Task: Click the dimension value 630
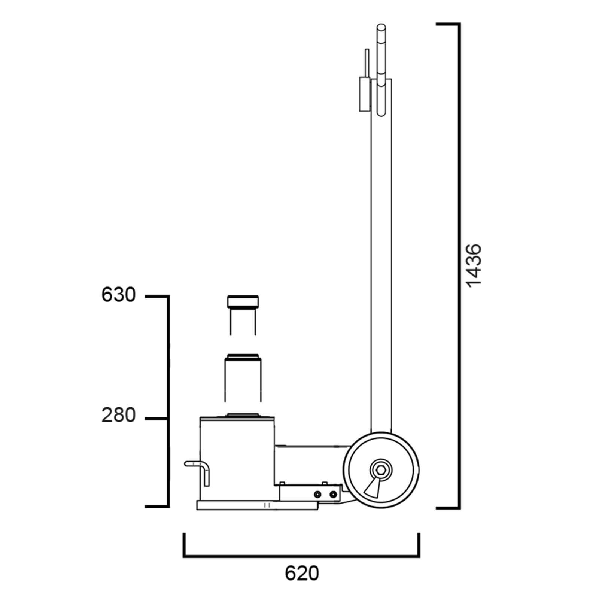(118, 295)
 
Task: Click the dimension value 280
(118, 416)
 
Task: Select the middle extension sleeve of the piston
(243, 378)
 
